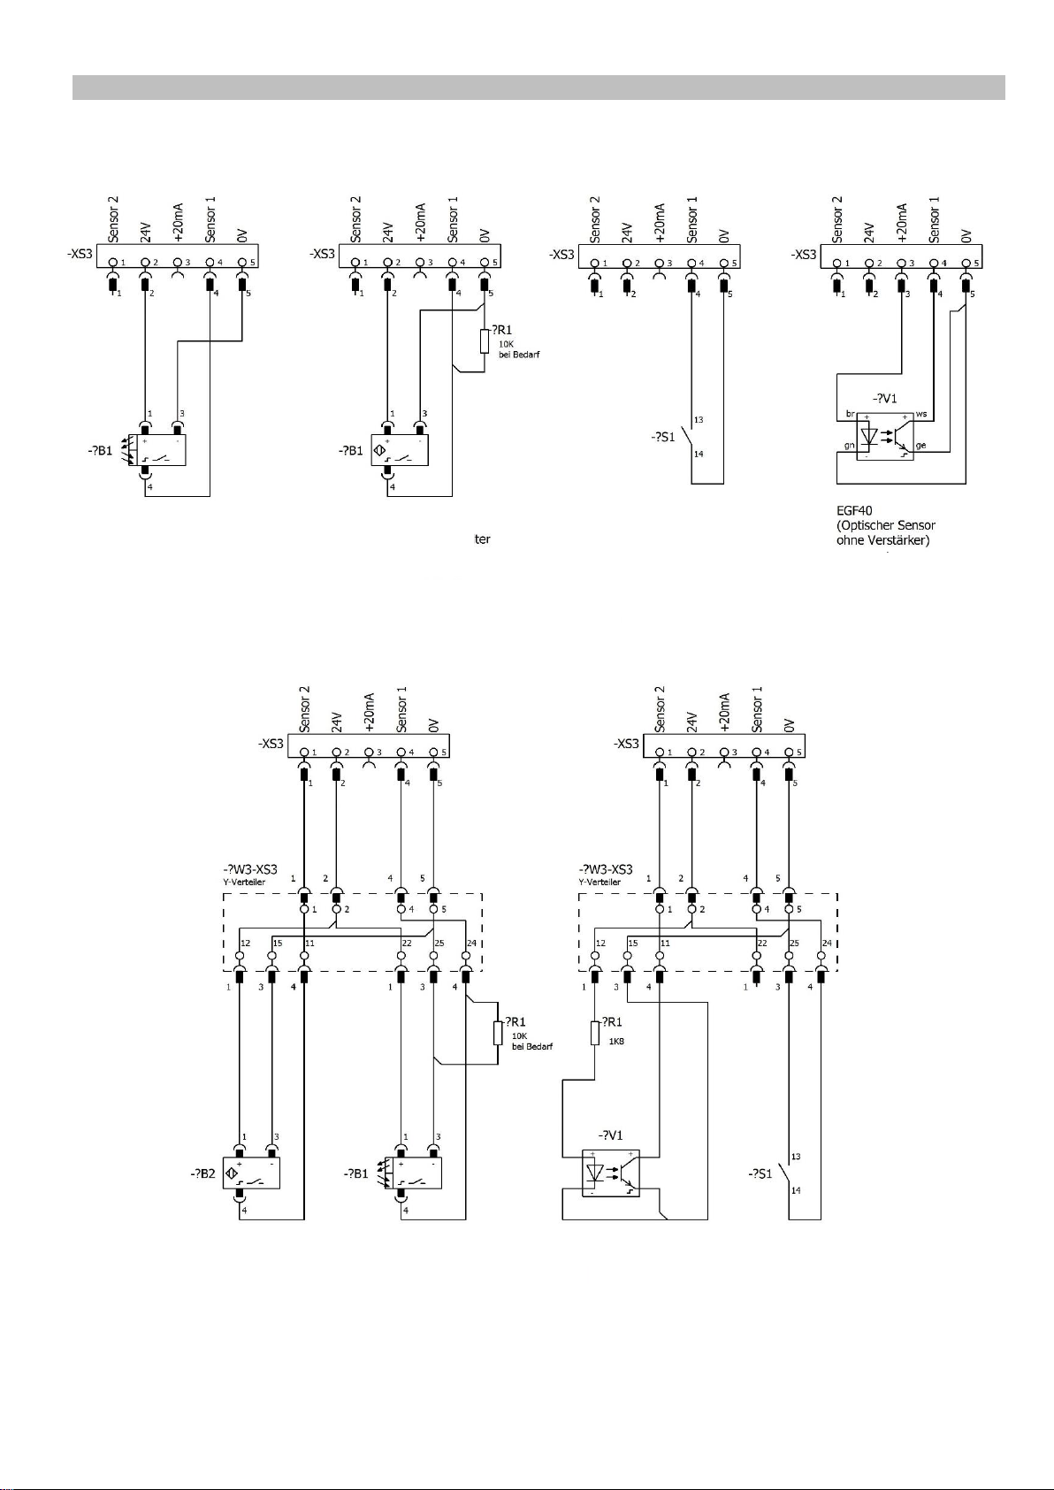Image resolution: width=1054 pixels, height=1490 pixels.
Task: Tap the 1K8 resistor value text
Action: [615, 1041]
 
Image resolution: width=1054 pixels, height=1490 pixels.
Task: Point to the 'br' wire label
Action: [850, 414]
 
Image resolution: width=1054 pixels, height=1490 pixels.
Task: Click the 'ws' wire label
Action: [920, 414]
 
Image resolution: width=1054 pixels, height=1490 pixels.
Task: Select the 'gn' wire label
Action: [849, 446]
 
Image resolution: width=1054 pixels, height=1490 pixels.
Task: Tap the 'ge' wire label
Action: [920, 446]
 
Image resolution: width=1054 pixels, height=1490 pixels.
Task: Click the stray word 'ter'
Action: [482, 539]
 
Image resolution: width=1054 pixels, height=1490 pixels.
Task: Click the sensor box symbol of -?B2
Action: [251, 1173]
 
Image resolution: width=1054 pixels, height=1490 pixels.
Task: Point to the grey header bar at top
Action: [538, 88]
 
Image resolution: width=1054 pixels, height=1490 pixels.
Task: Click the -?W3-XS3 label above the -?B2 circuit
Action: [250, 869]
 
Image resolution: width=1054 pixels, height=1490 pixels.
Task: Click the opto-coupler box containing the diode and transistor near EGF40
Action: [884, 435]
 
